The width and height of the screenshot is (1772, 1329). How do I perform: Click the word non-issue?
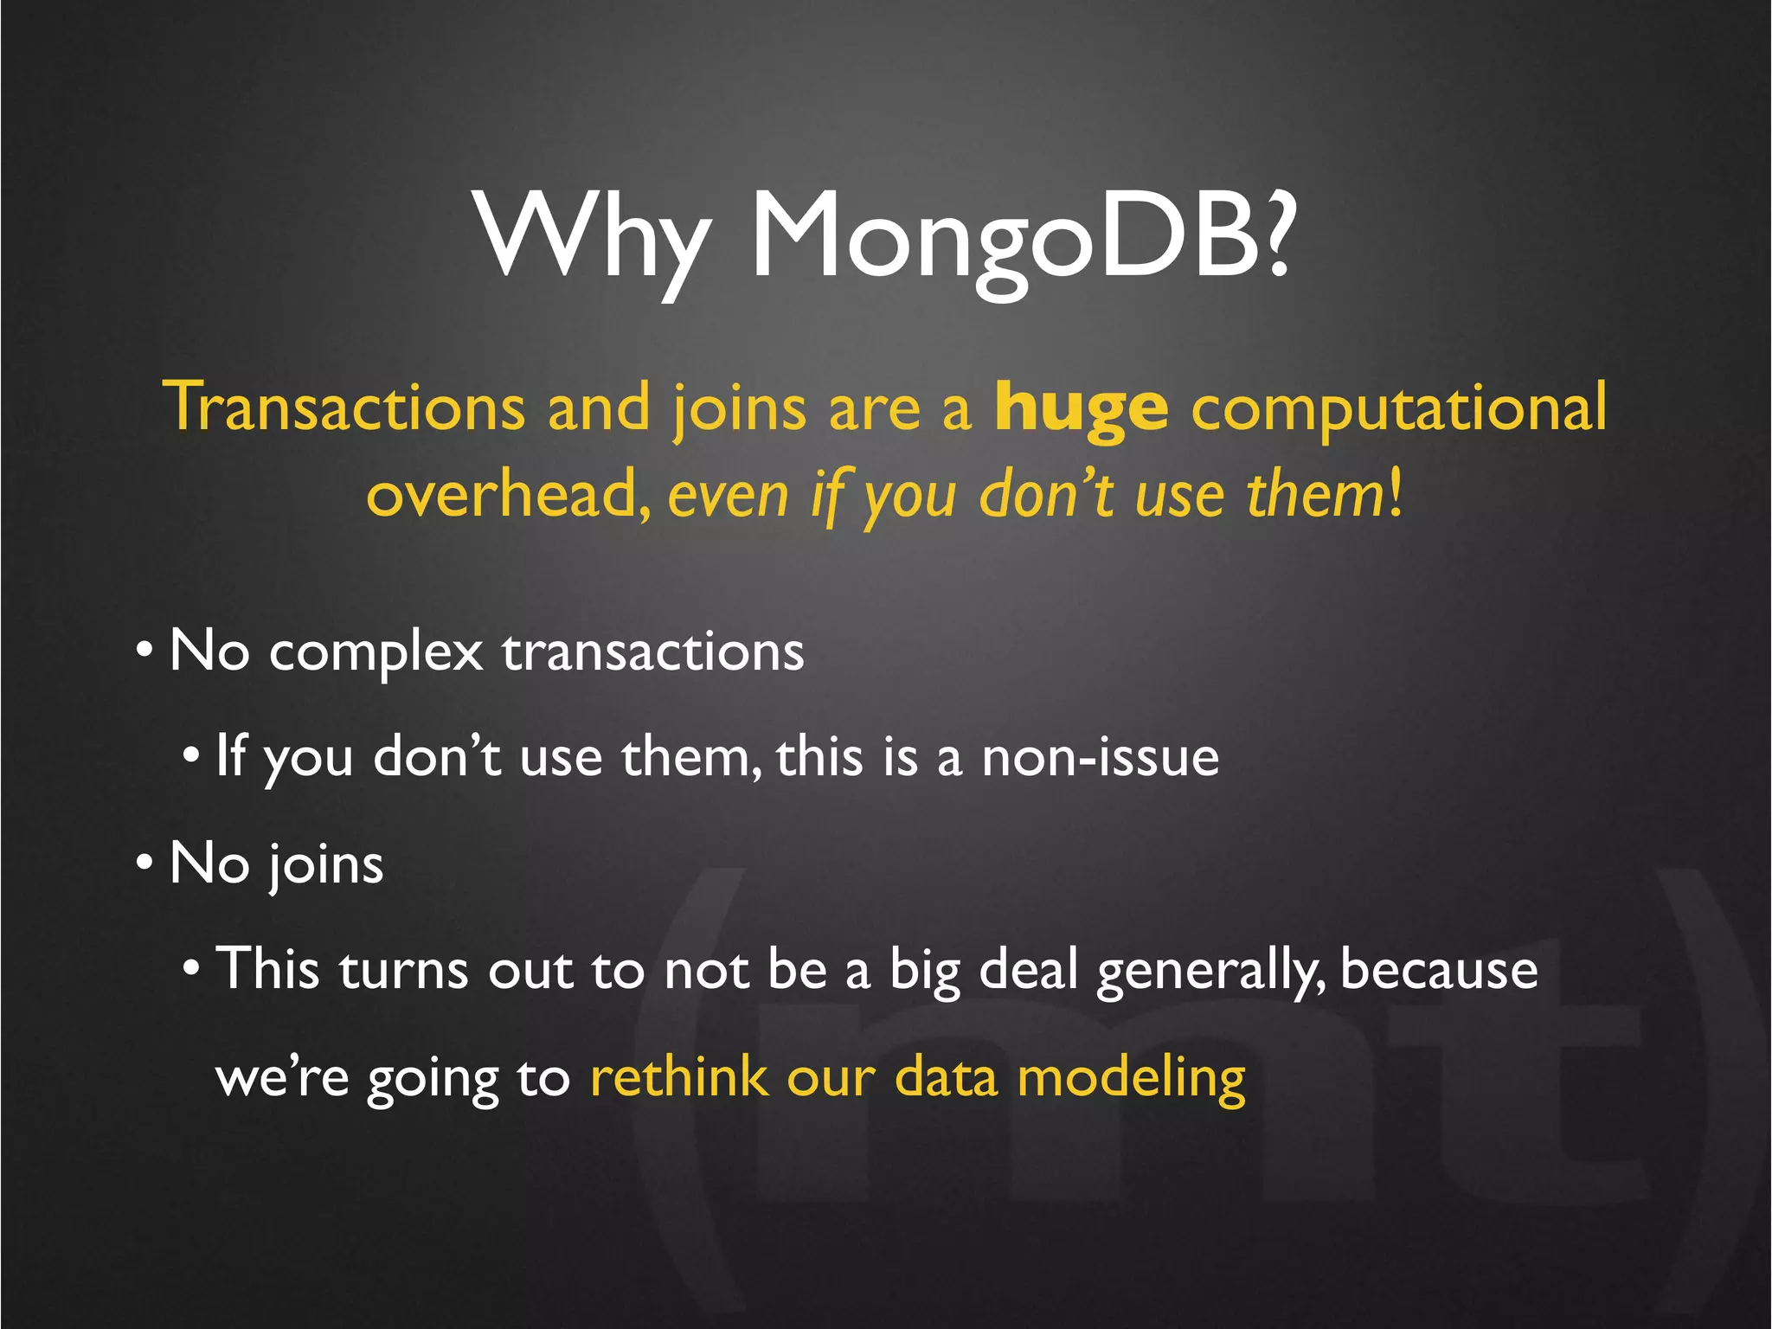[1100, 758]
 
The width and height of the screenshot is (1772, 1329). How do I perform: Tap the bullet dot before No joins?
[144, 862]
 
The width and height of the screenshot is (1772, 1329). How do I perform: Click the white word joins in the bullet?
[324, 865]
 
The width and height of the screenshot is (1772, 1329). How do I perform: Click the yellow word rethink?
[678, 1077]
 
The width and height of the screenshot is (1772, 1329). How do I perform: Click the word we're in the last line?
[282, 1079]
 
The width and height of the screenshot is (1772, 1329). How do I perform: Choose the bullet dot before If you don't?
[191, 754]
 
